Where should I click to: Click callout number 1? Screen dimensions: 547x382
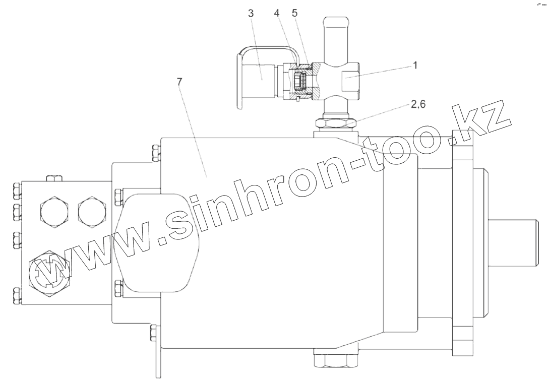coord(415,65)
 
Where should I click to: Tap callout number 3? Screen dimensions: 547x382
coord(251,14)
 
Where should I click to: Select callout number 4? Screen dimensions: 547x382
coord(277,14)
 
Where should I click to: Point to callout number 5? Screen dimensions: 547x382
coord(295,14)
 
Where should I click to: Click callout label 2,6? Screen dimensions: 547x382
coord(418,104)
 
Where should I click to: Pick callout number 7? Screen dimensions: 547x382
coord(179,82)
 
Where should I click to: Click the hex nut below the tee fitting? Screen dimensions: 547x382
coord(336,123)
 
